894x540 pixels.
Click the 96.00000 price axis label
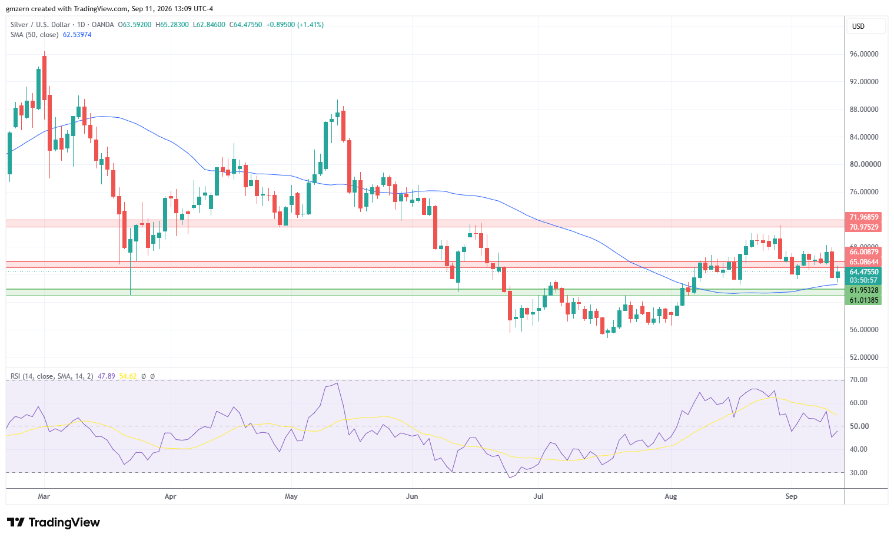(x=863, y=54)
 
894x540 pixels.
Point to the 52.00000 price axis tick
(x=863, y=357)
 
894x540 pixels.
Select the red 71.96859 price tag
(x=863, y=217)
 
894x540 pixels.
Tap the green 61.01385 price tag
(x=863, y=300)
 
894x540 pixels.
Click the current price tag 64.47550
(x=863, y=271)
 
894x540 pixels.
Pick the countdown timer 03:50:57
(x=863, y=280)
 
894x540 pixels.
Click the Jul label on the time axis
(x=539, y=496)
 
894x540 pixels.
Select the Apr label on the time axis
(x=171, y=496)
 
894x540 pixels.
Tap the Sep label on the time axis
(x=791, y=496)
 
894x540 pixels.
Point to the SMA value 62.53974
(x=77, y=35)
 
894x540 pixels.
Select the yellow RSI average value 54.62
(x=128, y=376)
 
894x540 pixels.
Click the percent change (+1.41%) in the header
(x=311, y=25)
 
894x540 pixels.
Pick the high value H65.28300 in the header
(x=172, y=25)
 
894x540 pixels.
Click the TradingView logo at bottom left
(x=53, y=522)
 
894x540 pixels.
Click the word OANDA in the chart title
(x=102, y=25)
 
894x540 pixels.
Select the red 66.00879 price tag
(x=863, y=252)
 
